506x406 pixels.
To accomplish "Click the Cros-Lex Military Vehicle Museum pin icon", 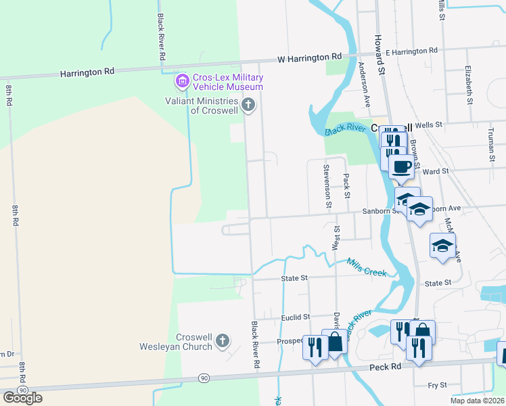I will (x=181, y=82).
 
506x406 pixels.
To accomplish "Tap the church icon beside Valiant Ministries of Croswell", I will (x=248, y=105).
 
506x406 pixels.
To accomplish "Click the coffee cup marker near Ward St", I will (x=401, y=166).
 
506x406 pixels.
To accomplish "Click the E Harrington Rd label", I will (x=411, y=51).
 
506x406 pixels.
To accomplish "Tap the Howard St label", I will (x=380, y=55).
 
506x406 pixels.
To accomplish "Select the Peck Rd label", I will (x=386, y=367).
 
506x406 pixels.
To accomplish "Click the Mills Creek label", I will (x=367, y=267).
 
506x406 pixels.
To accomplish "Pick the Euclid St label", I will (x=296, y=316).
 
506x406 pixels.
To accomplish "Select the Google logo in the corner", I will (x=22, y=398).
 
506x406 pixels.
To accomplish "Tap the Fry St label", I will (x=438, y=385).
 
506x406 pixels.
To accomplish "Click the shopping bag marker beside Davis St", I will (x=335, y=344).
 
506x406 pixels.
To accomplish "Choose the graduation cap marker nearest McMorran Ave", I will (x=442, y=246).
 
